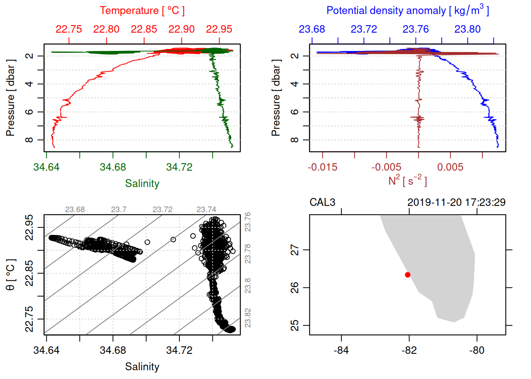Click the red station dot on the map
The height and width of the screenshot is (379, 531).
(x=408, y=275)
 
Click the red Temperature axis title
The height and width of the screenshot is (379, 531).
(x=142, y=11)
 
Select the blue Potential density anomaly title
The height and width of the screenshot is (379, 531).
(x=407, y=11)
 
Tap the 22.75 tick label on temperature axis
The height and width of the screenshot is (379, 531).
(x=69, y=29)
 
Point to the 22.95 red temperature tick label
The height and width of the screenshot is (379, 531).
(x=219, y=29)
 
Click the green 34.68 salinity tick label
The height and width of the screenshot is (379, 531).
(x=113, y=167)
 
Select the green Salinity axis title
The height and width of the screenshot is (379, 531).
(x=142, y=184)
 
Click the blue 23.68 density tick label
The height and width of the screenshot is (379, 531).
(x=312, y=29)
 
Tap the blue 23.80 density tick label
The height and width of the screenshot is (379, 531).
(x=467, y=29)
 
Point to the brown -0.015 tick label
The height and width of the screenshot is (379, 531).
(x=322, y=167)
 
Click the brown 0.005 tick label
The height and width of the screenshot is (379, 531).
(x=450, y=167)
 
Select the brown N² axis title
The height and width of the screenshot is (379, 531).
(x=407, y=181)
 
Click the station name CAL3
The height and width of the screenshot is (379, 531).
(x=322, y=203)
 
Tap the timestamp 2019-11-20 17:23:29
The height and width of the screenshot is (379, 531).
(x=456, y=203)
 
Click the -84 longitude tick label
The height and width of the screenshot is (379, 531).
(x=341, y=350)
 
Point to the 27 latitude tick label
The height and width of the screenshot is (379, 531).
(x=295, y=250)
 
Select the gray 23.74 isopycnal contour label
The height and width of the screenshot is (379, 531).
(x=206, y=210)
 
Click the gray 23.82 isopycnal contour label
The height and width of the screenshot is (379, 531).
(x=248, y=318)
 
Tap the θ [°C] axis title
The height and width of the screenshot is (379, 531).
(x=11, y=275)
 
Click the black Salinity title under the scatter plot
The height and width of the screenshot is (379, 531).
(x=142, y=367)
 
